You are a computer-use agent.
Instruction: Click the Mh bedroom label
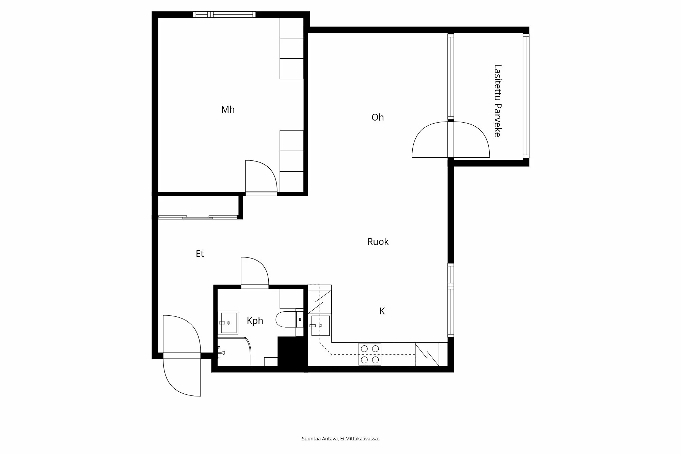tap(228, 110)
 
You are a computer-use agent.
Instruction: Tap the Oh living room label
tap(378, 118)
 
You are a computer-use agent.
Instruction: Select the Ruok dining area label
tap(378, 242)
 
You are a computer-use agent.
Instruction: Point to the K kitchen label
tap(382, 311)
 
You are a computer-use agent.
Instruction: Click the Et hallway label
tap(200, 254)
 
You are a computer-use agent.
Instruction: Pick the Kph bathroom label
tap(255, 321)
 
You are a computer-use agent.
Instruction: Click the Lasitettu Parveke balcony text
tap(497, 100)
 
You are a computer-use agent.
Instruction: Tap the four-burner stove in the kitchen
tap(370, 354)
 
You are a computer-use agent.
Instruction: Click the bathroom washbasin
tap(228, 323)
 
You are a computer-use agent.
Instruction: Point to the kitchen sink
tap(320, 326)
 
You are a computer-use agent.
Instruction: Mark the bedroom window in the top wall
tap(224, 14)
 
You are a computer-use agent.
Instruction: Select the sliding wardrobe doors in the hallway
tap(198, 217)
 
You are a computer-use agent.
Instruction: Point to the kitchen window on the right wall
tap(451, 300)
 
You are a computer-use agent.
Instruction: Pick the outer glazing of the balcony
tap(526, 96)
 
